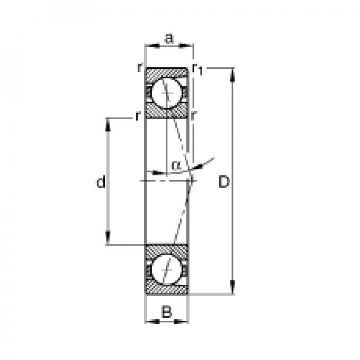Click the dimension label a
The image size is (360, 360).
[x=169, y=39]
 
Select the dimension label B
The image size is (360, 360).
[x=167, y=312]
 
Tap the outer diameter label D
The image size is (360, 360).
[x=224, y=182]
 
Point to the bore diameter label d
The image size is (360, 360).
[x=101, y=182]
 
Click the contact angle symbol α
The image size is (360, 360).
[x=176, y=165]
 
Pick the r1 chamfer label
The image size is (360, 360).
[x=198, y=69]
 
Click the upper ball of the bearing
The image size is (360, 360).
[x=167, y=93]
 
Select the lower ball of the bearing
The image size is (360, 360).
[x=167, y=269]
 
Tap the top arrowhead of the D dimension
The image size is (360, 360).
[x=233, y=75]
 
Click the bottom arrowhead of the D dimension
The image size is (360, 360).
[x=233, y=287]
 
